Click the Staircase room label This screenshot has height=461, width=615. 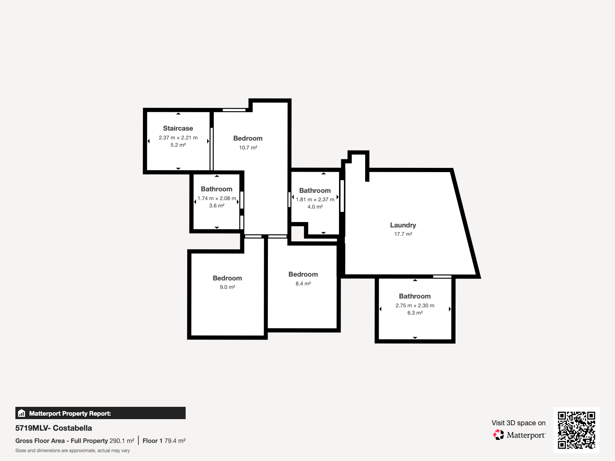(x=178, y=128)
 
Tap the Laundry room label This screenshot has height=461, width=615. (x=403, y=225)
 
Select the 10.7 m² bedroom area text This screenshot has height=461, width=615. (x=248, y=148)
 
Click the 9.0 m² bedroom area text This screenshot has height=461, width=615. (x=227, y=287)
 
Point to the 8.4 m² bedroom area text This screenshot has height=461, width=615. (x=303, y=284)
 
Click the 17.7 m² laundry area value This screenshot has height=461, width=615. (x=403, y=234)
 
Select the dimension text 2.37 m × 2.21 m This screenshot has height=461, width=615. (x=178, y=138)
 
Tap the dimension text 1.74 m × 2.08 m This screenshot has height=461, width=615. (x=216, y=199)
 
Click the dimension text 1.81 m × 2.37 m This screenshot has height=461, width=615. (x=315, y=199)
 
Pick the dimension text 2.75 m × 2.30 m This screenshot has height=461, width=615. (x=415, y=306)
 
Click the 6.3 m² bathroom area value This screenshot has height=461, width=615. (x=415, y=313)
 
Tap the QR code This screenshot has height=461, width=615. (x=576, y=430)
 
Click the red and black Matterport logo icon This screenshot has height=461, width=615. (x=499, y=435)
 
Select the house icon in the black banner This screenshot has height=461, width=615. (x=22, y=413)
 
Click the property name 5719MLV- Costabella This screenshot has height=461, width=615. (x=53, y=428)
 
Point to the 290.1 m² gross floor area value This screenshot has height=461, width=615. (x=122, y=441)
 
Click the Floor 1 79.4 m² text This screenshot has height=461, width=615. (x=164, y=441)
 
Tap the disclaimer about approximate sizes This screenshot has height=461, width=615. (x=73, y=451)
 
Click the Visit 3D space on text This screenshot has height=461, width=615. (x=519, y=423)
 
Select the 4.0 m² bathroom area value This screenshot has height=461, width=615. (x=315, y=207)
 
